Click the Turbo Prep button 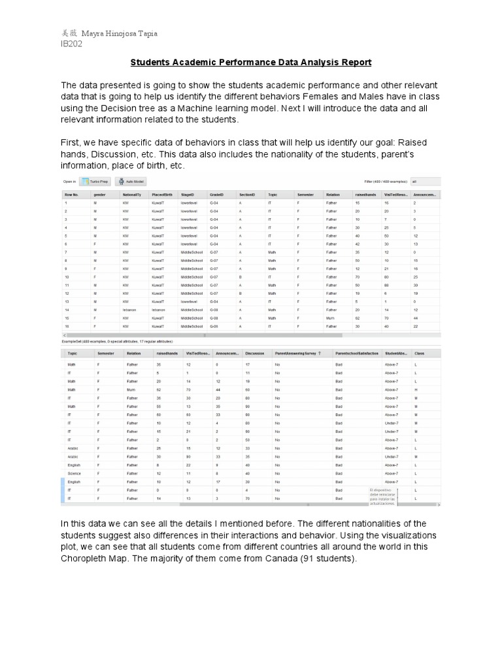[95, 182]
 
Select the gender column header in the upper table [100, 195]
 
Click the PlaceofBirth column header [162, 195]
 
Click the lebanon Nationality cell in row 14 [128, 309]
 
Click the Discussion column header [256, 353]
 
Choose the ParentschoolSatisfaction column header [356, 353]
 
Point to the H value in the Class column [416, 389]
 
